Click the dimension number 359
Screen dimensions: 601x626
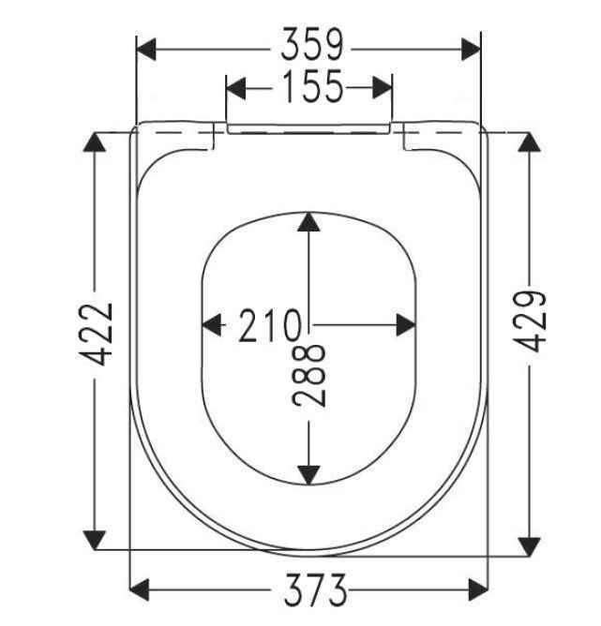coord(312,44)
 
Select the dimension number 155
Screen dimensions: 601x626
coord(312,86)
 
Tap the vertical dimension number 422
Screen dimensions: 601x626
coord(96,335)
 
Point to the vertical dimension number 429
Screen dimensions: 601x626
coord(529,321)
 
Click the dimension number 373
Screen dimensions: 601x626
coord(315,590)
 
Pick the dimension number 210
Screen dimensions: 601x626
coord(269,325)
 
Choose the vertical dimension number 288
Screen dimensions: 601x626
coord(308,375)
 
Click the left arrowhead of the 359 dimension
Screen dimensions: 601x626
coord(146,50)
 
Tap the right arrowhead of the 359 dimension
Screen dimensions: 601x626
coord(472,50)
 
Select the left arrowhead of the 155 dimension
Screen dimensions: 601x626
coord(236,88)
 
